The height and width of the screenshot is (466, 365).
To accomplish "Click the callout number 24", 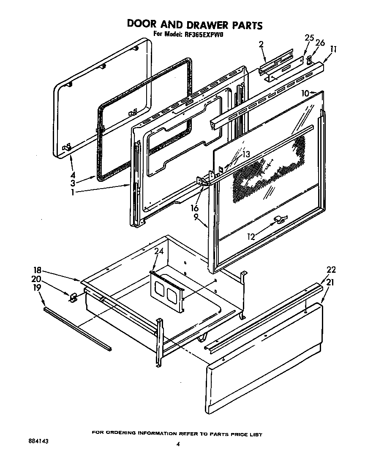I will [158, 251].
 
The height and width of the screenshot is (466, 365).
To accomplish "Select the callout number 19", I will [37, 288].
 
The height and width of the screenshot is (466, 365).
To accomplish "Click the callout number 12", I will [251, 237].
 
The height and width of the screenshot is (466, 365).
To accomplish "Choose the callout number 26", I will [321, 42].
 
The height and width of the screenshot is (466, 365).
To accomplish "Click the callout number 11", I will [333, 49].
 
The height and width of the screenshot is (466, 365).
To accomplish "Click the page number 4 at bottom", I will [178, 444].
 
